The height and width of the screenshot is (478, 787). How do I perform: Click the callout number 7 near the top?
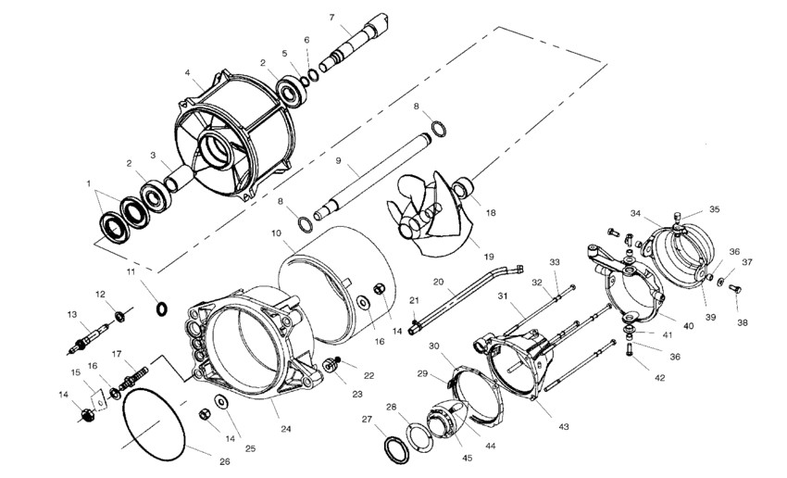[x=331, y=17]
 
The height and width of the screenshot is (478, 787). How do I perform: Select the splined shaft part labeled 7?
[x=357, y=42]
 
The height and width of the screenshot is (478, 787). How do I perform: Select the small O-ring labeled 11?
[x=162, y=308]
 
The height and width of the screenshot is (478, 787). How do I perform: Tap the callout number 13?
[x=72, y=314]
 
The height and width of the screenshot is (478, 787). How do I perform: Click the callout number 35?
[x=714, y=209]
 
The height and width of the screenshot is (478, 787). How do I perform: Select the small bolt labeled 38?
[x=736, y=291]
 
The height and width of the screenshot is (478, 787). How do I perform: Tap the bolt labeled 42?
[x=631, y=350]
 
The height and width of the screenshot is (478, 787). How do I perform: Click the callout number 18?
[x=490, y=212]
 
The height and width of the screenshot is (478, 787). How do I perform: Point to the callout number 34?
[x=635, y=213]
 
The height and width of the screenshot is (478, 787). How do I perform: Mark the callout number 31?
[x=504, y=296]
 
